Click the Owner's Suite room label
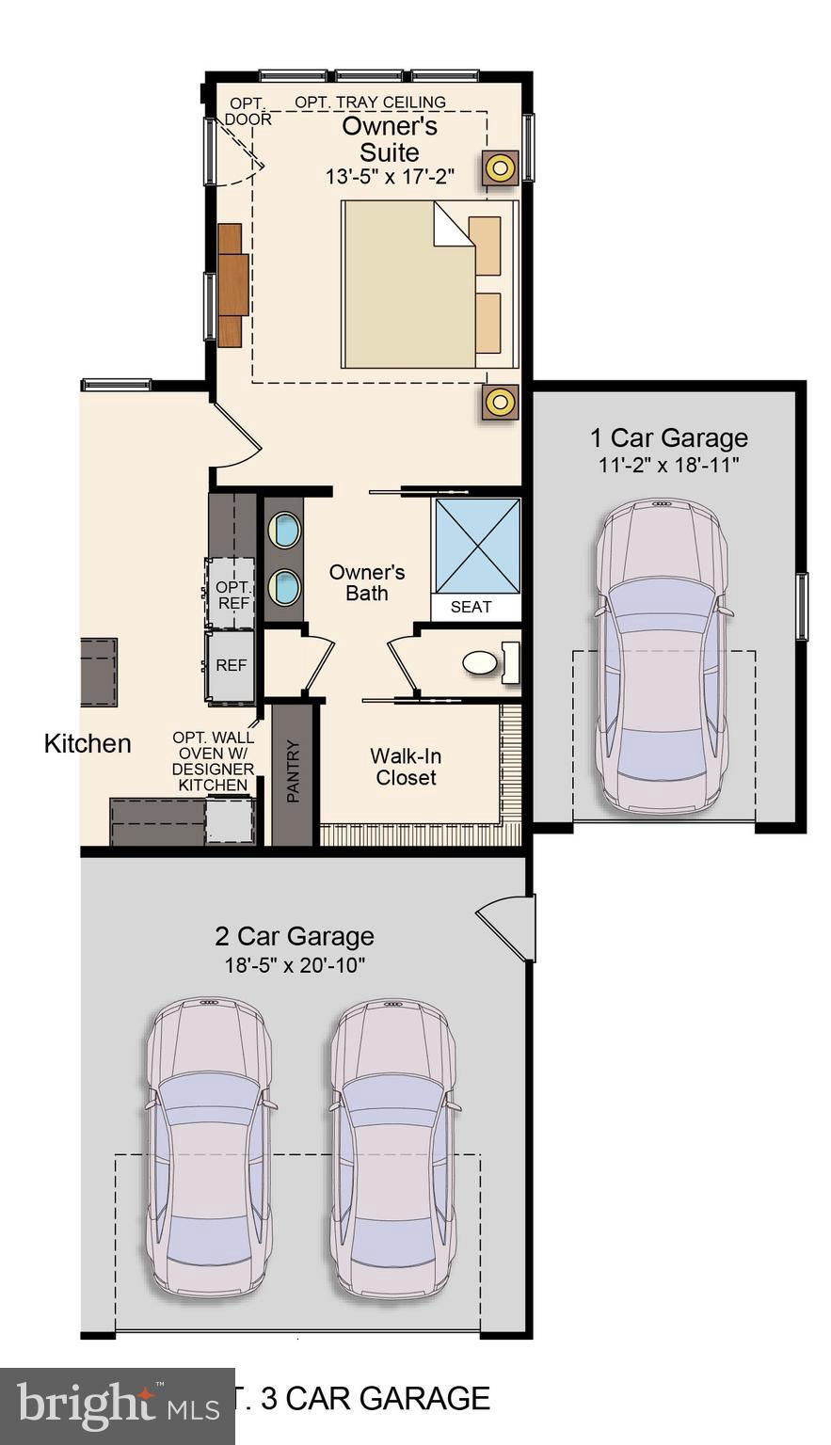pos(390,139)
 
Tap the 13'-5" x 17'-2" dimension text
pos(390,177)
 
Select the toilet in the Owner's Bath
pos(491,662)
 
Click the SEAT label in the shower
pos(471,607)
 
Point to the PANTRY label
pos(293,771)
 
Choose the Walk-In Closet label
pos(406,767)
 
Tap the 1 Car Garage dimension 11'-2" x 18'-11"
pos(668,465)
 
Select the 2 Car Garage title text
pos(295,936)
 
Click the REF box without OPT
pos(231,666)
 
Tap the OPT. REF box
pos(231,595)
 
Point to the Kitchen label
pos(88,744)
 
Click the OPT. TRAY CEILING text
pos(371,102)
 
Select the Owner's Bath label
pos(366,582)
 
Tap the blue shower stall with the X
pos(478,546)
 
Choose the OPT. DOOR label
pos(248,111)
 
